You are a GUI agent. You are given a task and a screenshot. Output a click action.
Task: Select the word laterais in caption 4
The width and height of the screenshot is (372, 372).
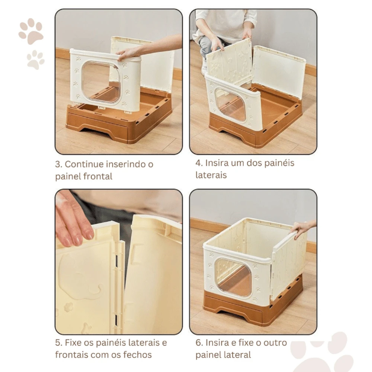coord(211,175)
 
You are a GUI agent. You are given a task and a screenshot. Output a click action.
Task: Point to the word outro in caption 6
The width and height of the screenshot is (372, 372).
coord(275,343)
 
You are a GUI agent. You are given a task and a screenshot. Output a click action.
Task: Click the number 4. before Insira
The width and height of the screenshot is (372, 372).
coord(199,163)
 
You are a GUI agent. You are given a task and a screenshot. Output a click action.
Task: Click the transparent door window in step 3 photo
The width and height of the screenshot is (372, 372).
coord(101,82)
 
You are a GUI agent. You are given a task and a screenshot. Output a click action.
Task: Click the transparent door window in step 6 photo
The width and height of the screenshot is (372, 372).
coord(233,277)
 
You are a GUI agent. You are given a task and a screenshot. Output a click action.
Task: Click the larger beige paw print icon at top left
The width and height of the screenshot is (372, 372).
coord(31,31)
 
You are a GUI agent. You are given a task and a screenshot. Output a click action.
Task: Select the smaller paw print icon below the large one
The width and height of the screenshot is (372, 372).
coord(35,60)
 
